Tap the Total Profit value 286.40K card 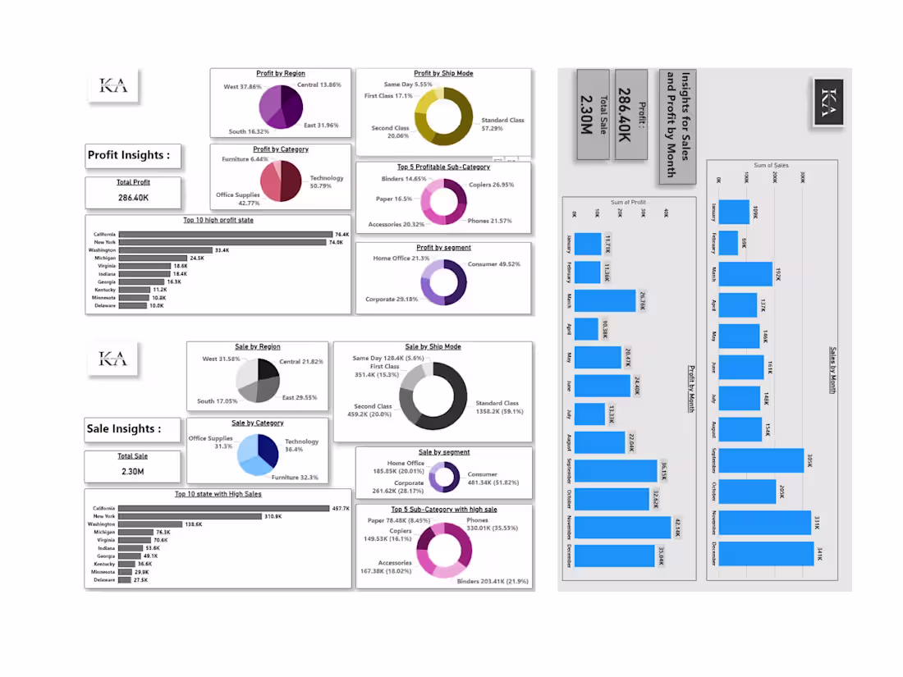coord(133,198)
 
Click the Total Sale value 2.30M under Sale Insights coord(133,471)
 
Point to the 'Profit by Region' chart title coord(280,74)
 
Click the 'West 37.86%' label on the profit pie coord(243,86)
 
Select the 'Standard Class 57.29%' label coord(502,124)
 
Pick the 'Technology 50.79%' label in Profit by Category coord(327,181)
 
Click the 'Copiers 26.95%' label coord(491,185)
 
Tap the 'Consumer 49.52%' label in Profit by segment coord(493,264)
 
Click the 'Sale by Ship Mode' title coord(433,346)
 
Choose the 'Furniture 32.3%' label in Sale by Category coord(295,477)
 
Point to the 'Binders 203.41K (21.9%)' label coord(493,581)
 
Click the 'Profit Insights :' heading coord(129,155)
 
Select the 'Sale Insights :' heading coord(124,428)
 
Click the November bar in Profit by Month coord(621,527)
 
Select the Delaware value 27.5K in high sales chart coord(140,580)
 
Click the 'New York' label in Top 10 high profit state coord(105,242)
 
